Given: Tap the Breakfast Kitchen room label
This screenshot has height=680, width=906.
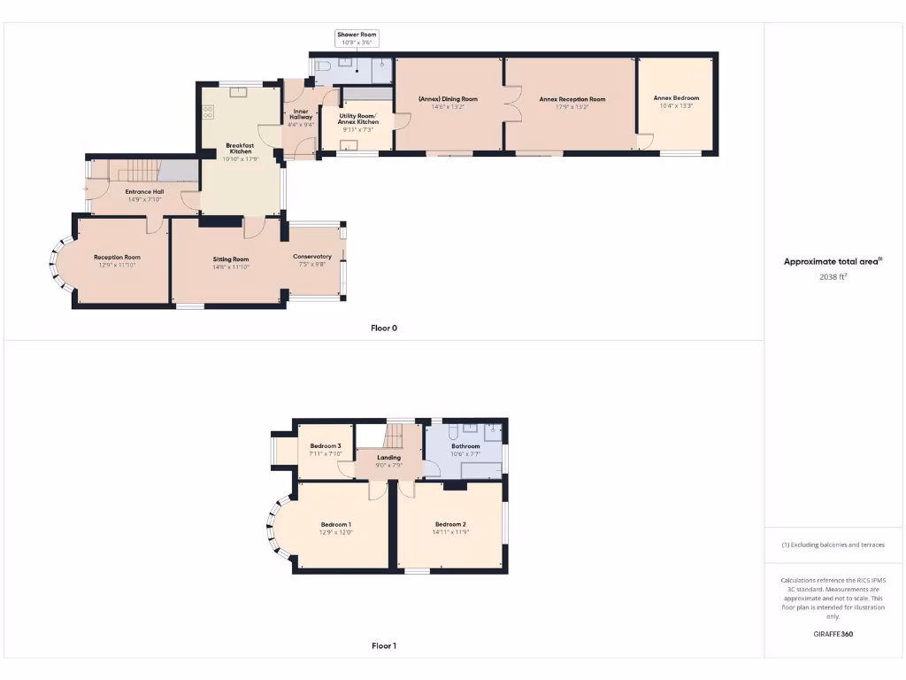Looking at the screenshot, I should coord(240,148).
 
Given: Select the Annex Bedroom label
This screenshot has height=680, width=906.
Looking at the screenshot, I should coord(676,98).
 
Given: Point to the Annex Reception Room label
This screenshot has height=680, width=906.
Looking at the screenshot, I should coord(572,99).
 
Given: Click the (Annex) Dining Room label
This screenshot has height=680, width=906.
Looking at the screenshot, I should coord(448,99).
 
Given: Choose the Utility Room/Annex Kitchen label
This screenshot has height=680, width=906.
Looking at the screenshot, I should coord(357,119).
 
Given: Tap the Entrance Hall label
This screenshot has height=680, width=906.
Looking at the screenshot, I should coord(144,191).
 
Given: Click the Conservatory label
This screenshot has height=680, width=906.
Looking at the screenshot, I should coord(312,257).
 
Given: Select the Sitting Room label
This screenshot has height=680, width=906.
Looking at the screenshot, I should coord(230,259).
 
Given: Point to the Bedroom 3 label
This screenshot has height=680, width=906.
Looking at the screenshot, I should coord(326,445).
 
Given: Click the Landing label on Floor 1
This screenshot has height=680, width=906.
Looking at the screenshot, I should coord(388,458).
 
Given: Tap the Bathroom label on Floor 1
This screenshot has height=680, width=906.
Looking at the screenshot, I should coord(465,446).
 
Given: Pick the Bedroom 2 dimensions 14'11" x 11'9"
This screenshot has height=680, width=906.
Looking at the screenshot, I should coord(450,532).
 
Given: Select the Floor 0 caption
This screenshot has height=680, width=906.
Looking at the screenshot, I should coord(383,328).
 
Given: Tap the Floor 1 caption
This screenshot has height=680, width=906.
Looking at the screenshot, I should coord(383,645).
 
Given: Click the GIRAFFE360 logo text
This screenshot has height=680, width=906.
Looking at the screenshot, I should coord(833,634).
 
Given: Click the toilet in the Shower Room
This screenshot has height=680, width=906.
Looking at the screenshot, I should coord(323,66).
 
